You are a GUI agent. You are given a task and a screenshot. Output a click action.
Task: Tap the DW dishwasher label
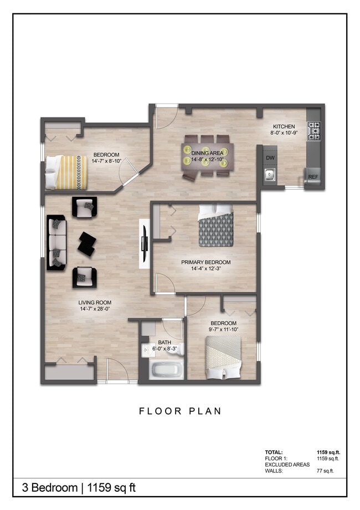(270, 158)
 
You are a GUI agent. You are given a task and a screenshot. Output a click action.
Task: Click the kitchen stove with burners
(313, 130)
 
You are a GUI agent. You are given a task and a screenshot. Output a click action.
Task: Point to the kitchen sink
(270, 176)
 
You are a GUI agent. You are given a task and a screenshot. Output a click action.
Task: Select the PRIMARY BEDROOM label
(205, 262)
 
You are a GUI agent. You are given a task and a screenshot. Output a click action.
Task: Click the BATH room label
(164, 343)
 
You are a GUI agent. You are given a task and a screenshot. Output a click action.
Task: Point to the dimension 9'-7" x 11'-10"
(223, 330)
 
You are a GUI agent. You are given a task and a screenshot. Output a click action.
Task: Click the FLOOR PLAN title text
(180, 411)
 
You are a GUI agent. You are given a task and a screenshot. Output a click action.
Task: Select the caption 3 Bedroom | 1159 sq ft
(78, 488)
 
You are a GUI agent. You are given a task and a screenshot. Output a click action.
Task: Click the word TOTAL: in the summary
(274, 452)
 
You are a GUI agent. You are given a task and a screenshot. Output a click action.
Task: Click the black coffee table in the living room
(87, 243)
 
